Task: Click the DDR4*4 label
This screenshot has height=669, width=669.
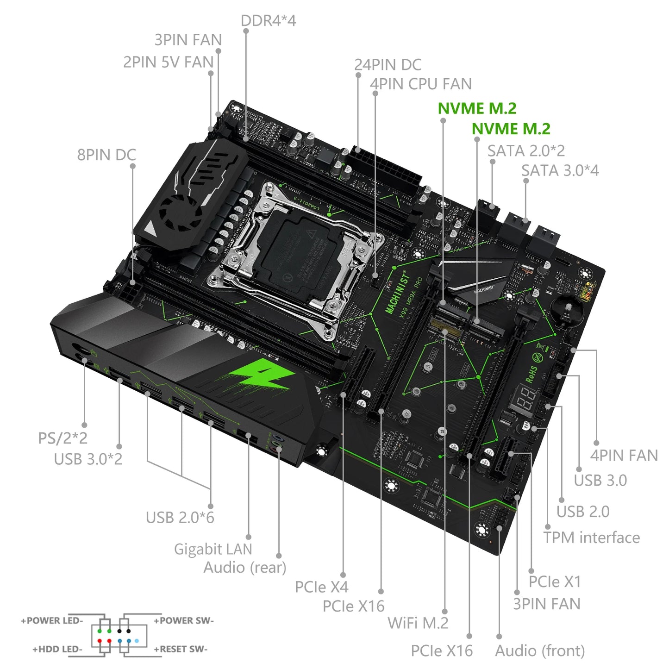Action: coord(268,21)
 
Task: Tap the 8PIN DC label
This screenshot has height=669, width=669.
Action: coord(106,155)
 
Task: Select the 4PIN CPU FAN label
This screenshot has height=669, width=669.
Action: coord(420,84)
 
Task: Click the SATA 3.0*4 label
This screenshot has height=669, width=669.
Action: coord(560,171)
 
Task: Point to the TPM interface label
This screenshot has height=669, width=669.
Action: coord(591,538)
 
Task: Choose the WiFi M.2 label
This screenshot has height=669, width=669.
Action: coord(418,623)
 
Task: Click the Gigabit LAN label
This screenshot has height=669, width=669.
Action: coord(213,549)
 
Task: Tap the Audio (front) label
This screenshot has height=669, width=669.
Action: coord(540,651)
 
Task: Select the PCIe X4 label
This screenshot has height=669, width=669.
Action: coord(321,587)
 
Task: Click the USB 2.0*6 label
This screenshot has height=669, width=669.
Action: coord(180,518)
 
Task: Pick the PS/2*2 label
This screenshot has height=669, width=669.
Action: coord(63,438)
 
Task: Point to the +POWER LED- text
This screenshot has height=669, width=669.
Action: coord(52,621)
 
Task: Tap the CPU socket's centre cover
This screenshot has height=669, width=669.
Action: coord(296,252)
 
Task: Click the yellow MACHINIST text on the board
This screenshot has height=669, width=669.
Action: coord(398,293)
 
